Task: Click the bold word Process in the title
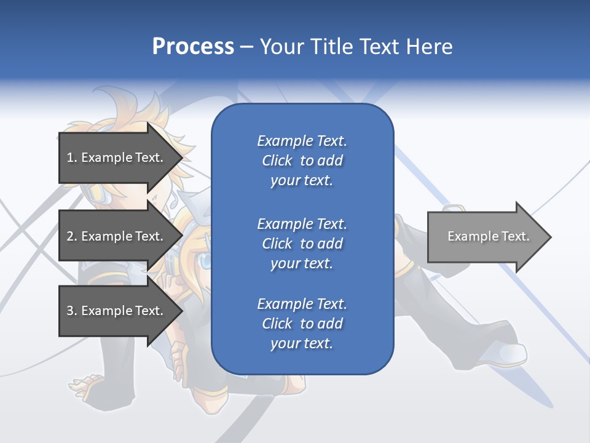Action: tap(193, 47)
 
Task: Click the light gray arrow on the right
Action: tap(486, 237)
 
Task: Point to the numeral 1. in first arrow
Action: tap(71, 158)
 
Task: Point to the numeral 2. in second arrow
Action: tap(71, 236)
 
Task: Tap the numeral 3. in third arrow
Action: tap(71, 311)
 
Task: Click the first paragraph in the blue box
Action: tap(302, 161)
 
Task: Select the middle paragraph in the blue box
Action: tap(302, 244)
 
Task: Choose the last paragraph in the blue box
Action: tap(302, 324)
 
